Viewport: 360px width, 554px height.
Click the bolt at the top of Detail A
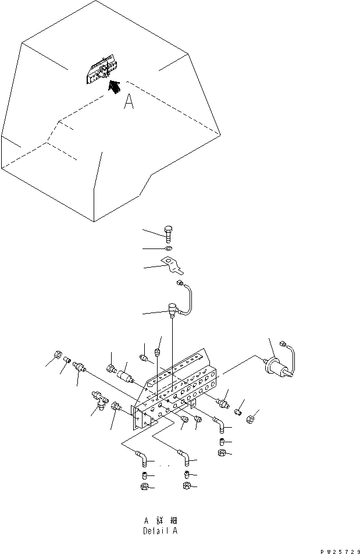tap(168, 235)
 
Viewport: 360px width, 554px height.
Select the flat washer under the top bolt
tap(168, 248)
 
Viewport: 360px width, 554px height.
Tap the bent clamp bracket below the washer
tap(173, 265)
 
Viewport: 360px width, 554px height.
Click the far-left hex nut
tap(58, 354)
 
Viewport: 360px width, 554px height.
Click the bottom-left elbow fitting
tap(141, 458)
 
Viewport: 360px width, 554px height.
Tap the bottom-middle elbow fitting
tap(184, 457)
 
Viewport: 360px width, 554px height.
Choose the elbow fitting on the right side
tap(219, 425)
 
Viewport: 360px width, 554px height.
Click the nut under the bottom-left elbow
tap(144, 487)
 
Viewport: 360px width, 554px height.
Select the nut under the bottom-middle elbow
tap(187, 486)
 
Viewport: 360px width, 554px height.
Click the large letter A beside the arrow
tap(129, 102)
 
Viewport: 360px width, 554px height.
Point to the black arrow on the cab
tap(113, 87)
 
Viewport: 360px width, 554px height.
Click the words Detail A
tap(161, 531)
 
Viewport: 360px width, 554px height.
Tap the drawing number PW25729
tap(340, 551)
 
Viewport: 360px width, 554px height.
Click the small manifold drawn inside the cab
tap(101, 69)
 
